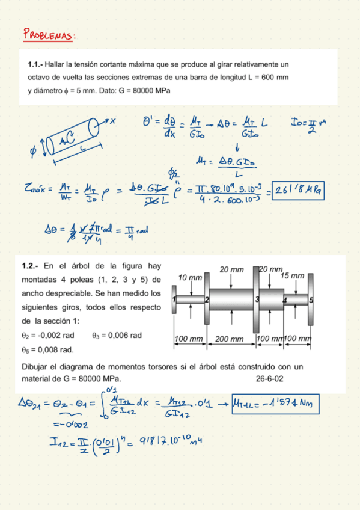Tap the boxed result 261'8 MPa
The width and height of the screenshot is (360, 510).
(297, 191)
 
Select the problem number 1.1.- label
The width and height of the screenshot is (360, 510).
(38, 64)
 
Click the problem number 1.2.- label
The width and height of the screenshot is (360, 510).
(31, 266)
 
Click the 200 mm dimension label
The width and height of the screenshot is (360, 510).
(229, 339)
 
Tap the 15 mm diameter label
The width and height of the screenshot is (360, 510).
(292, 275)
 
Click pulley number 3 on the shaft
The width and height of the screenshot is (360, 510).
(256, 299)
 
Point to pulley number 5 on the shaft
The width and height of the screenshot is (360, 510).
(311, 299)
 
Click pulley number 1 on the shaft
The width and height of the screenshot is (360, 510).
(174, 299)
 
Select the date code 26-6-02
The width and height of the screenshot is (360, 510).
(270, 379)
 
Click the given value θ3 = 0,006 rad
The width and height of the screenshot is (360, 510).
(117, 336)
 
